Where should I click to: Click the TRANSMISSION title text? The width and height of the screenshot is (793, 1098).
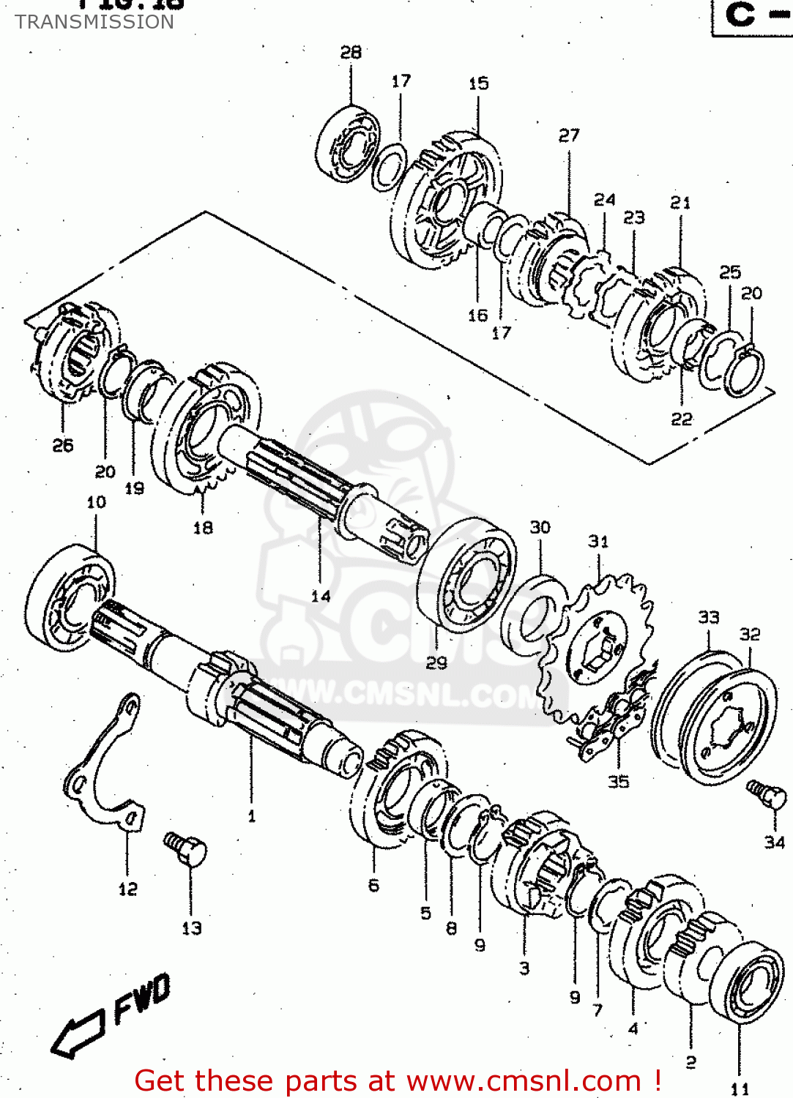pos(94,22)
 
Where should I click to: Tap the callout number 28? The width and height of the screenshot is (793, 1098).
pos(351,52)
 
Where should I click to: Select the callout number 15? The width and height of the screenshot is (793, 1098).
pos(478,83)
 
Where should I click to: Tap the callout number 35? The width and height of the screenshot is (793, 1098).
pos(618,782)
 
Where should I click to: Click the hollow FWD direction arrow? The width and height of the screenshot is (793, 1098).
pos(78,1033)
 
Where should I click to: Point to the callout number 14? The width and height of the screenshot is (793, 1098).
pos(321,596)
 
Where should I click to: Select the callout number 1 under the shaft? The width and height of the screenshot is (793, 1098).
pos(252,815)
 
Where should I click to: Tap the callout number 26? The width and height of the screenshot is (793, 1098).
pos(63,445)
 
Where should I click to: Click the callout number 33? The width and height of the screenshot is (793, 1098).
pos(708,617)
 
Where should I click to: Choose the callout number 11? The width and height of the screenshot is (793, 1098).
pos(740,1088)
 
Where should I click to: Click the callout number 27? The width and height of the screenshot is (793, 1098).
pos(568,135)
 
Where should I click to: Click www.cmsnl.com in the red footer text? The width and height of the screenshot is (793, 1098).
pos(524,1080)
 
